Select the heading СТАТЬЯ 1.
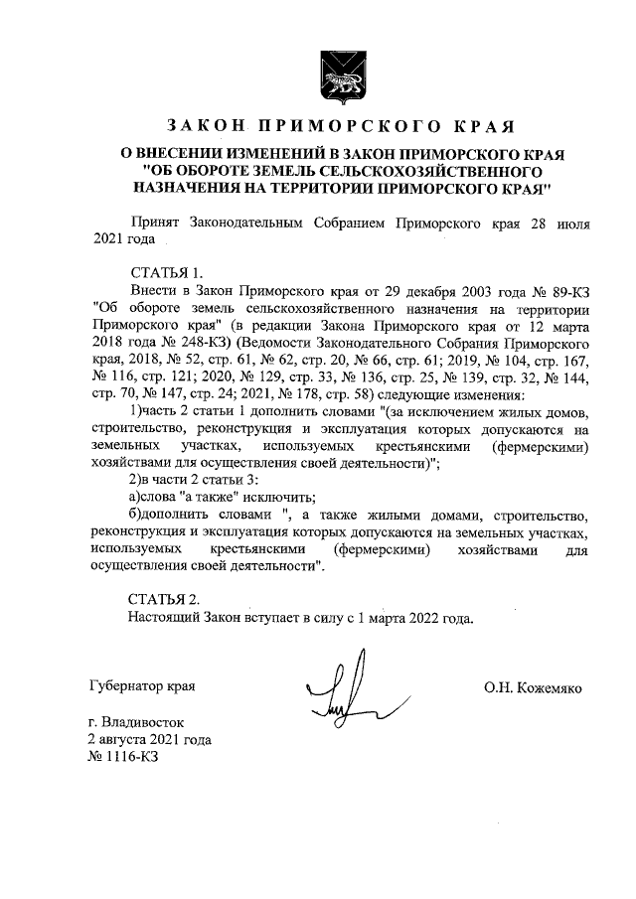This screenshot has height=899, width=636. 166,272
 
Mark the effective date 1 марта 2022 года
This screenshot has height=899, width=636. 405,616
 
